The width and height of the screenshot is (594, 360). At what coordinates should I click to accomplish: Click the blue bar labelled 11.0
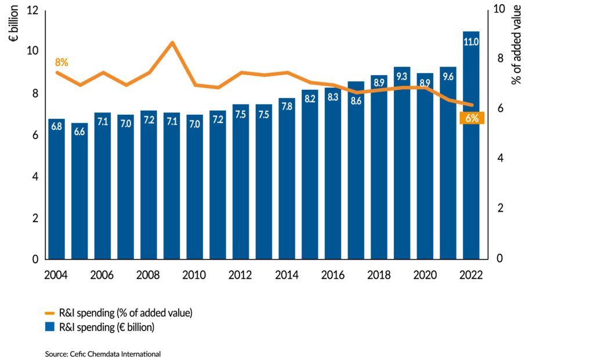tap(471, 145)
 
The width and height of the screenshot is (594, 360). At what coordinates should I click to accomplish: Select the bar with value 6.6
tap(79, 191)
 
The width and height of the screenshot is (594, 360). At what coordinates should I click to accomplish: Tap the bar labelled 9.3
tap(401, 163)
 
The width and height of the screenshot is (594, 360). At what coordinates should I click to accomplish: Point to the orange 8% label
tap(61, 62)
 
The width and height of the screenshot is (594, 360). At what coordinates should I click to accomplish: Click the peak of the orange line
tap(172, 42)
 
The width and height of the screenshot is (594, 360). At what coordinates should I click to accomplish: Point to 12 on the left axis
tap(32, 10)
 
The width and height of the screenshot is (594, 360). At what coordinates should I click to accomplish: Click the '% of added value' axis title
tap(517, 43)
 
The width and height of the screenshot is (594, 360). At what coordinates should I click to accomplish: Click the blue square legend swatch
tap(50, 327)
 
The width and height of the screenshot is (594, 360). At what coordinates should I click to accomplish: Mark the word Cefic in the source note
tap(78, 353)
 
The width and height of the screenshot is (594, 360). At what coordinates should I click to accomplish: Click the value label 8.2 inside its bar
tap(310, 99)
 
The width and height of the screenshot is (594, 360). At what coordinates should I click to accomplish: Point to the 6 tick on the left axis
tap(35, 135)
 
